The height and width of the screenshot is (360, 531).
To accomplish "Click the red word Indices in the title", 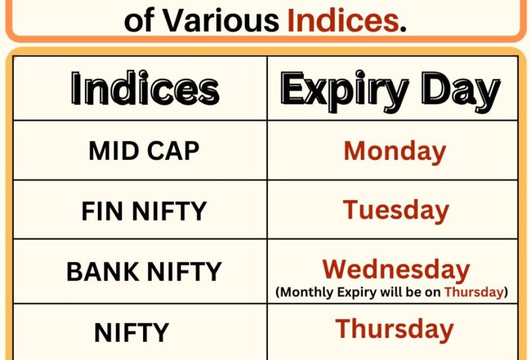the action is pyautogui.click(x=343, y=21).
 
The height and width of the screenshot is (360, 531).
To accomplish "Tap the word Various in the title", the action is pyautogui.click(x=221, y=21).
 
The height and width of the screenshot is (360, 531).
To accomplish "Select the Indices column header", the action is pyautogui.click(x=146, y=88).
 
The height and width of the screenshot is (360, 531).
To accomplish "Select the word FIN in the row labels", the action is pyautogui.click(x=102, y=211).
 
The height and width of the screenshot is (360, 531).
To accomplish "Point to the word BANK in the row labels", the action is pyautogui.click(x=103, y=271).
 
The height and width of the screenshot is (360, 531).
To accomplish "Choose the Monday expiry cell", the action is pyautogui.click(x=395, y=152).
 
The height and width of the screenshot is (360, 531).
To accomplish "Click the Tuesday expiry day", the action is pyautogui.click(x=396, y=211).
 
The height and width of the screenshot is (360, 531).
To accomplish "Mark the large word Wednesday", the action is pyautogui.click(x=396, y=270).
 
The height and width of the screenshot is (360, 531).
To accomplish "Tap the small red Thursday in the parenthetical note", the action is pyautogui.click(x=473, y=292).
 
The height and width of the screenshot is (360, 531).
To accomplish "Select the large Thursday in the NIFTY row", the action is pyautogui.click(x=394, y=329).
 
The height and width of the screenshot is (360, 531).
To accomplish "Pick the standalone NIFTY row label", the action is pyautogui.click(x=131, y=332).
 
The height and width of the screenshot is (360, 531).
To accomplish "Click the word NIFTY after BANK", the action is pyautogui.click(x=184, y=271).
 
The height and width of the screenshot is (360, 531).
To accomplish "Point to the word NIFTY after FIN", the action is pyautogui.click(x=169, y=211).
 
